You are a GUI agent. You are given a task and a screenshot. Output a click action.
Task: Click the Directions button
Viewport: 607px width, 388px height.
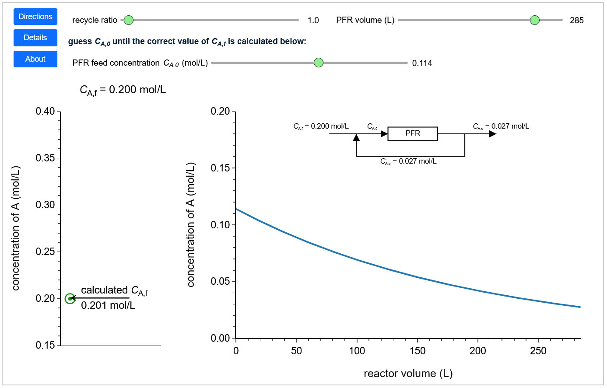35,17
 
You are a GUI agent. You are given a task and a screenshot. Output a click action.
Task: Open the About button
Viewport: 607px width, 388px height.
35,59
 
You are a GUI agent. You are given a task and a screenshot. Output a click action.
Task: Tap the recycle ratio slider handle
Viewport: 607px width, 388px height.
128,20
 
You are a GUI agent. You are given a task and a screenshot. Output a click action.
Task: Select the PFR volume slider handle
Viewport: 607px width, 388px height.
534,20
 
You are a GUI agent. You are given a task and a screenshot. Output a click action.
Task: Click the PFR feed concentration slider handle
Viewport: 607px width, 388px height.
319,63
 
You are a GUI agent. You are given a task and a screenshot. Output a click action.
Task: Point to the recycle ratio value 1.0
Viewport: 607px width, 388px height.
313,21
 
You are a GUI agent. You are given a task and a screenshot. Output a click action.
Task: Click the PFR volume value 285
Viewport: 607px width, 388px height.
576,21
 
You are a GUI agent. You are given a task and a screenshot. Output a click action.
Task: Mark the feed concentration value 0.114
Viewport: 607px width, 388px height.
422,63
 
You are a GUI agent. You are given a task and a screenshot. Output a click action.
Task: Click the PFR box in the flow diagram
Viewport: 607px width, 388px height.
413,133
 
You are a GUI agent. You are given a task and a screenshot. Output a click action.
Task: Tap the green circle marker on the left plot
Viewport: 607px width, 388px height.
70,299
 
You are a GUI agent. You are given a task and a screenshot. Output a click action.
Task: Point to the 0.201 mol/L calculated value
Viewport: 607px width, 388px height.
108,305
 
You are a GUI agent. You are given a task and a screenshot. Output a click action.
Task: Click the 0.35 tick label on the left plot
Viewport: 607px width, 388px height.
46,158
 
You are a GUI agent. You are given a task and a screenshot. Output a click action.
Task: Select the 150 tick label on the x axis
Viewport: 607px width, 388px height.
417,351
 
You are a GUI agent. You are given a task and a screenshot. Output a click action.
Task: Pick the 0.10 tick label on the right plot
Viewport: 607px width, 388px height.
220,225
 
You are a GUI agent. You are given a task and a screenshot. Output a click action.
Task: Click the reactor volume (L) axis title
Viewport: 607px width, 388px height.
408,374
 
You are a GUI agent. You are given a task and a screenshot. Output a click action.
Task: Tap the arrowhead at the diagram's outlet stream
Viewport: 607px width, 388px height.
493,134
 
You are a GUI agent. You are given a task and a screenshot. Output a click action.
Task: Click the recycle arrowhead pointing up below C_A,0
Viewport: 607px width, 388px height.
356,138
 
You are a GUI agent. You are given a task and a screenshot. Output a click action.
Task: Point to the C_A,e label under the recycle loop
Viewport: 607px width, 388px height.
408,161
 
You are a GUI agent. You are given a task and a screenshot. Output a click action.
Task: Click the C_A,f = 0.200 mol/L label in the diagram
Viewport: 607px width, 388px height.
321,126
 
